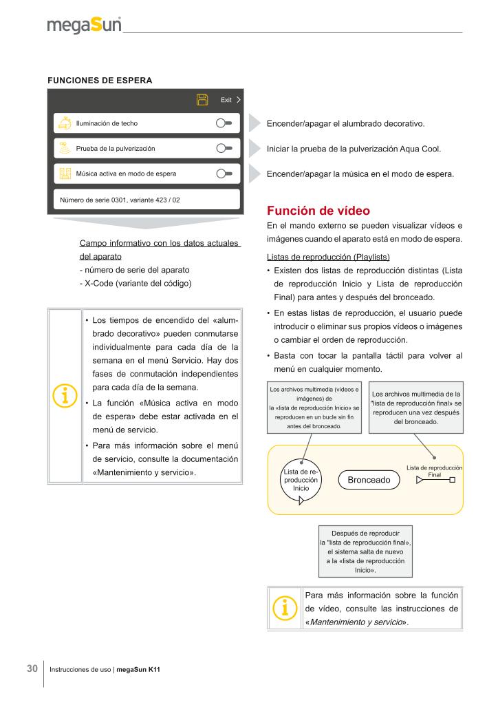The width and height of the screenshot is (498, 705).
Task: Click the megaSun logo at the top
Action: (84, 25)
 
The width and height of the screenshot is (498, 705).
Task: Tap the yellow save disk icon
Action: (202, 100)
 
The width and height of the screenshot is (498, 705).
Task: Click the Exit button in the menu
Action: (230, 100)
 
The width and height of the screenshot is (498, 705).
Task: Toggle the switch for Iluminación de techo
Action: (224, 123)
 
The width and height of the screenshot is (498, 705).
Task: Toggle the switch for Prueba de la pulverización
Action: (224, 148)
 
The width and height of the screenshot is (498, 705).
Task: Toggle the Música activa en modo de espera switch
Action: (224, 173)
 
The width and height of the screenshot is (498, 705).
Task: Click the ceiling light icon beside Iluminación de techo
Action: (65, 123)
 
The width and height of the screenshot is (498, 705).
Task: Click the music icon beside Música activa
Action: (65, 173)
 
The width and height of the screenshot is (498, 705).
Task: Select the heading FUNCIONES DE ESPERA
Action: (100, 80)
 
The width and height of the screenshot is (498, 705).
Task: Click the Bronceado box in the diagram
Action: (369, 479)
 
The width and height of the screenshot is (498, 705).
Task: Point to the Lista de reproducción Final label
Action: (434, 471)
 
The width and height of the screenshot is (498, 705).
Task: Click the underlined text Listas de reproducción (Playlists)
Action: (328, 257)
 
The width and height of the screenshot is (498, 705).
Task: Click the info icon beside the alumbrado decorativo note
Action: (65, 397)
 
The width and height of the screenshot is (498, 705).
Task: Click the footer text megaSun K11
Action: (138, 669)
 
